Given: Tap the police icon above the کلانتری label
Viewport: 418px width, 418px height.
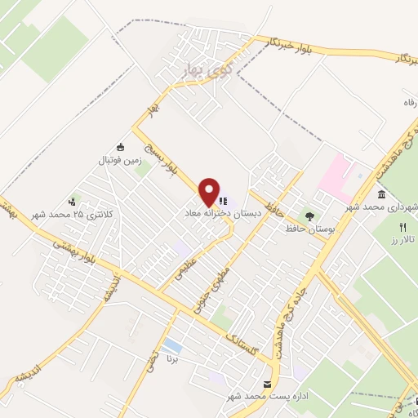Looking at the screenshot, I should point(73,201).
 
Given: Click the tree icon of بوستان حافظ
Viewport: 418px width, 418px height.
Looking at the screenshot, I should point(309,216).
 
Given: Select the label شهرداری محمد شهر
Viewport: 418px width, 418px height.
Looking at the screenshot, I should point(382,207).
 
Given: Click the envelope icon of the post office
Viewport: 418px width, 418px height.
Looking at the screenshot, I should point(267,385).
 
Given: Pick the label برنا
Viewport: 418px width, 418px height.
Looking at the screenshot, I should point(171,358).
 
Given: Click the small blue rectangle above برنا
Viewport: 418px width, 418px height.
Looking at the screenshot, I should point(172,345).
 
